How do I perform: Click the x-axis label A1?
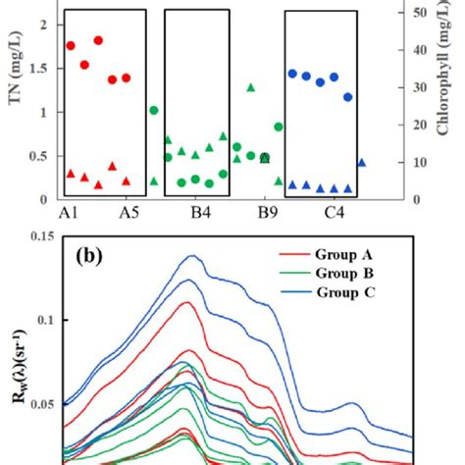coord(70,213)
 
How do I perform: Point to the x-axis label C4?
coord(329,213)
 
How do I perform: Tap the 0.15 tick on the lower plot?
coord(38,236)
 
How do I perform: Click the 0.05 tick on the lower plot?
coord(38,403)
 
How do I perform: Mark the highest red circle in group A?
coord(98,40)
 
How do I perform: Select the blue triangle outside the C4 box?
coord(362,163)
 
